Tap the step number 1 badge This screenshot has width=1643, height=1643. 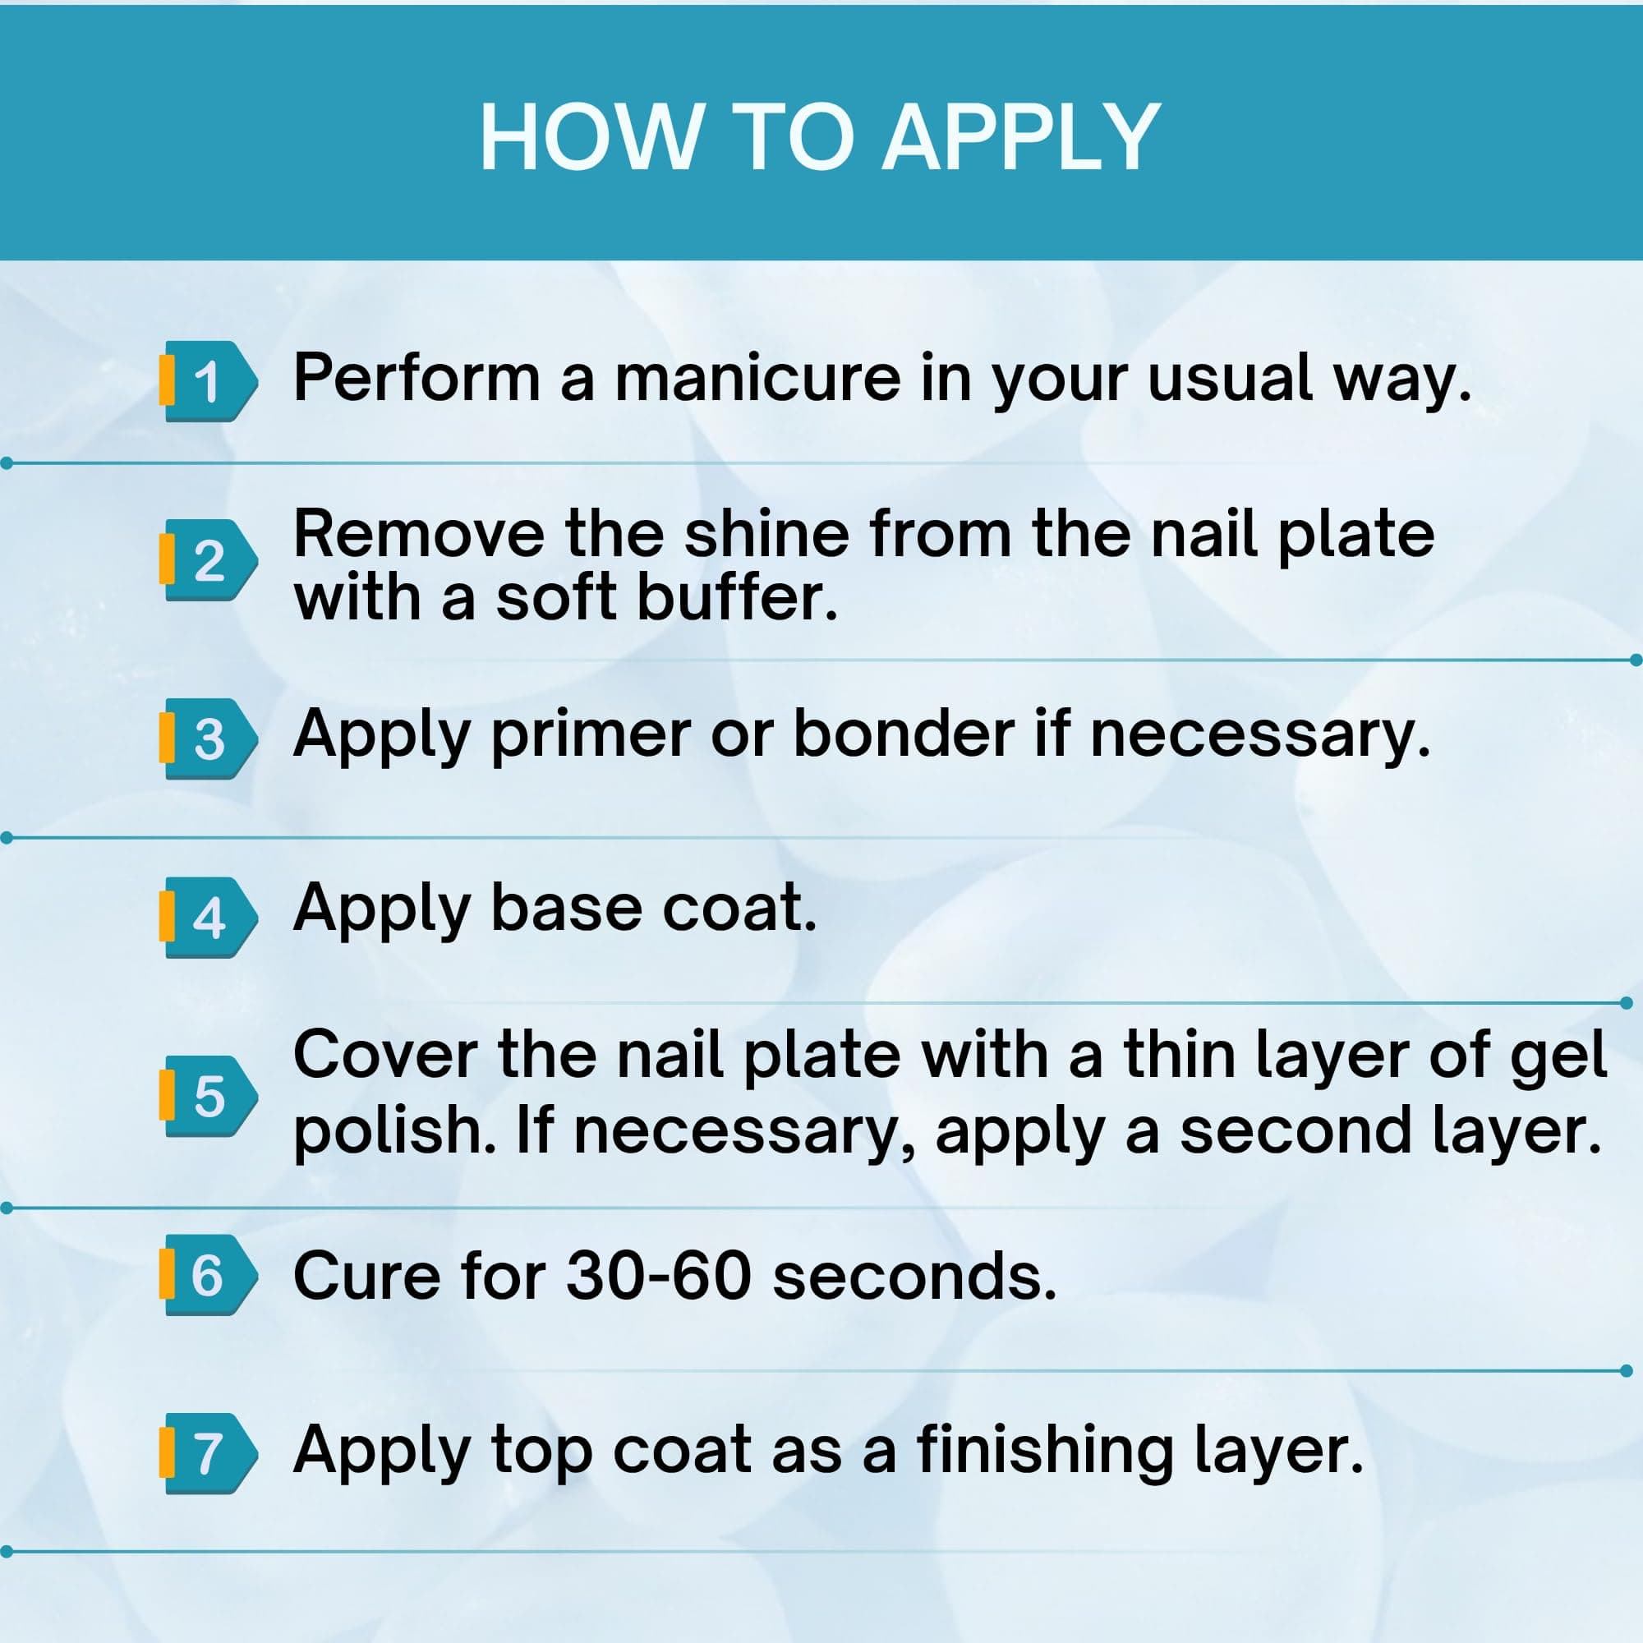coord(208,382)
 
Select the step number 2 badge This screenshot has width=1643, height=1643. coord(208,560)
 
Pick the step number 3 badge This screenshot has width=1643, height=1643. coord(208,739)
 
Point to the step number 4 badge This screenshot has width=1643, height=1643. coord(208,918)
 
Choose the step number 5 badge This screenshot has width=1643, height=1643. coord(208,1096)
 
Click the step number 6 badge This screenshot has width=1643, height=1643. coord(208,1275)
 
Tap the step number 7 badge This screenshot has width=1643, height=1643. coord(208,1453)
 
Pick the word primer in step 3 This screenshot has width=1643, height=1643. coord(590,736)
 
